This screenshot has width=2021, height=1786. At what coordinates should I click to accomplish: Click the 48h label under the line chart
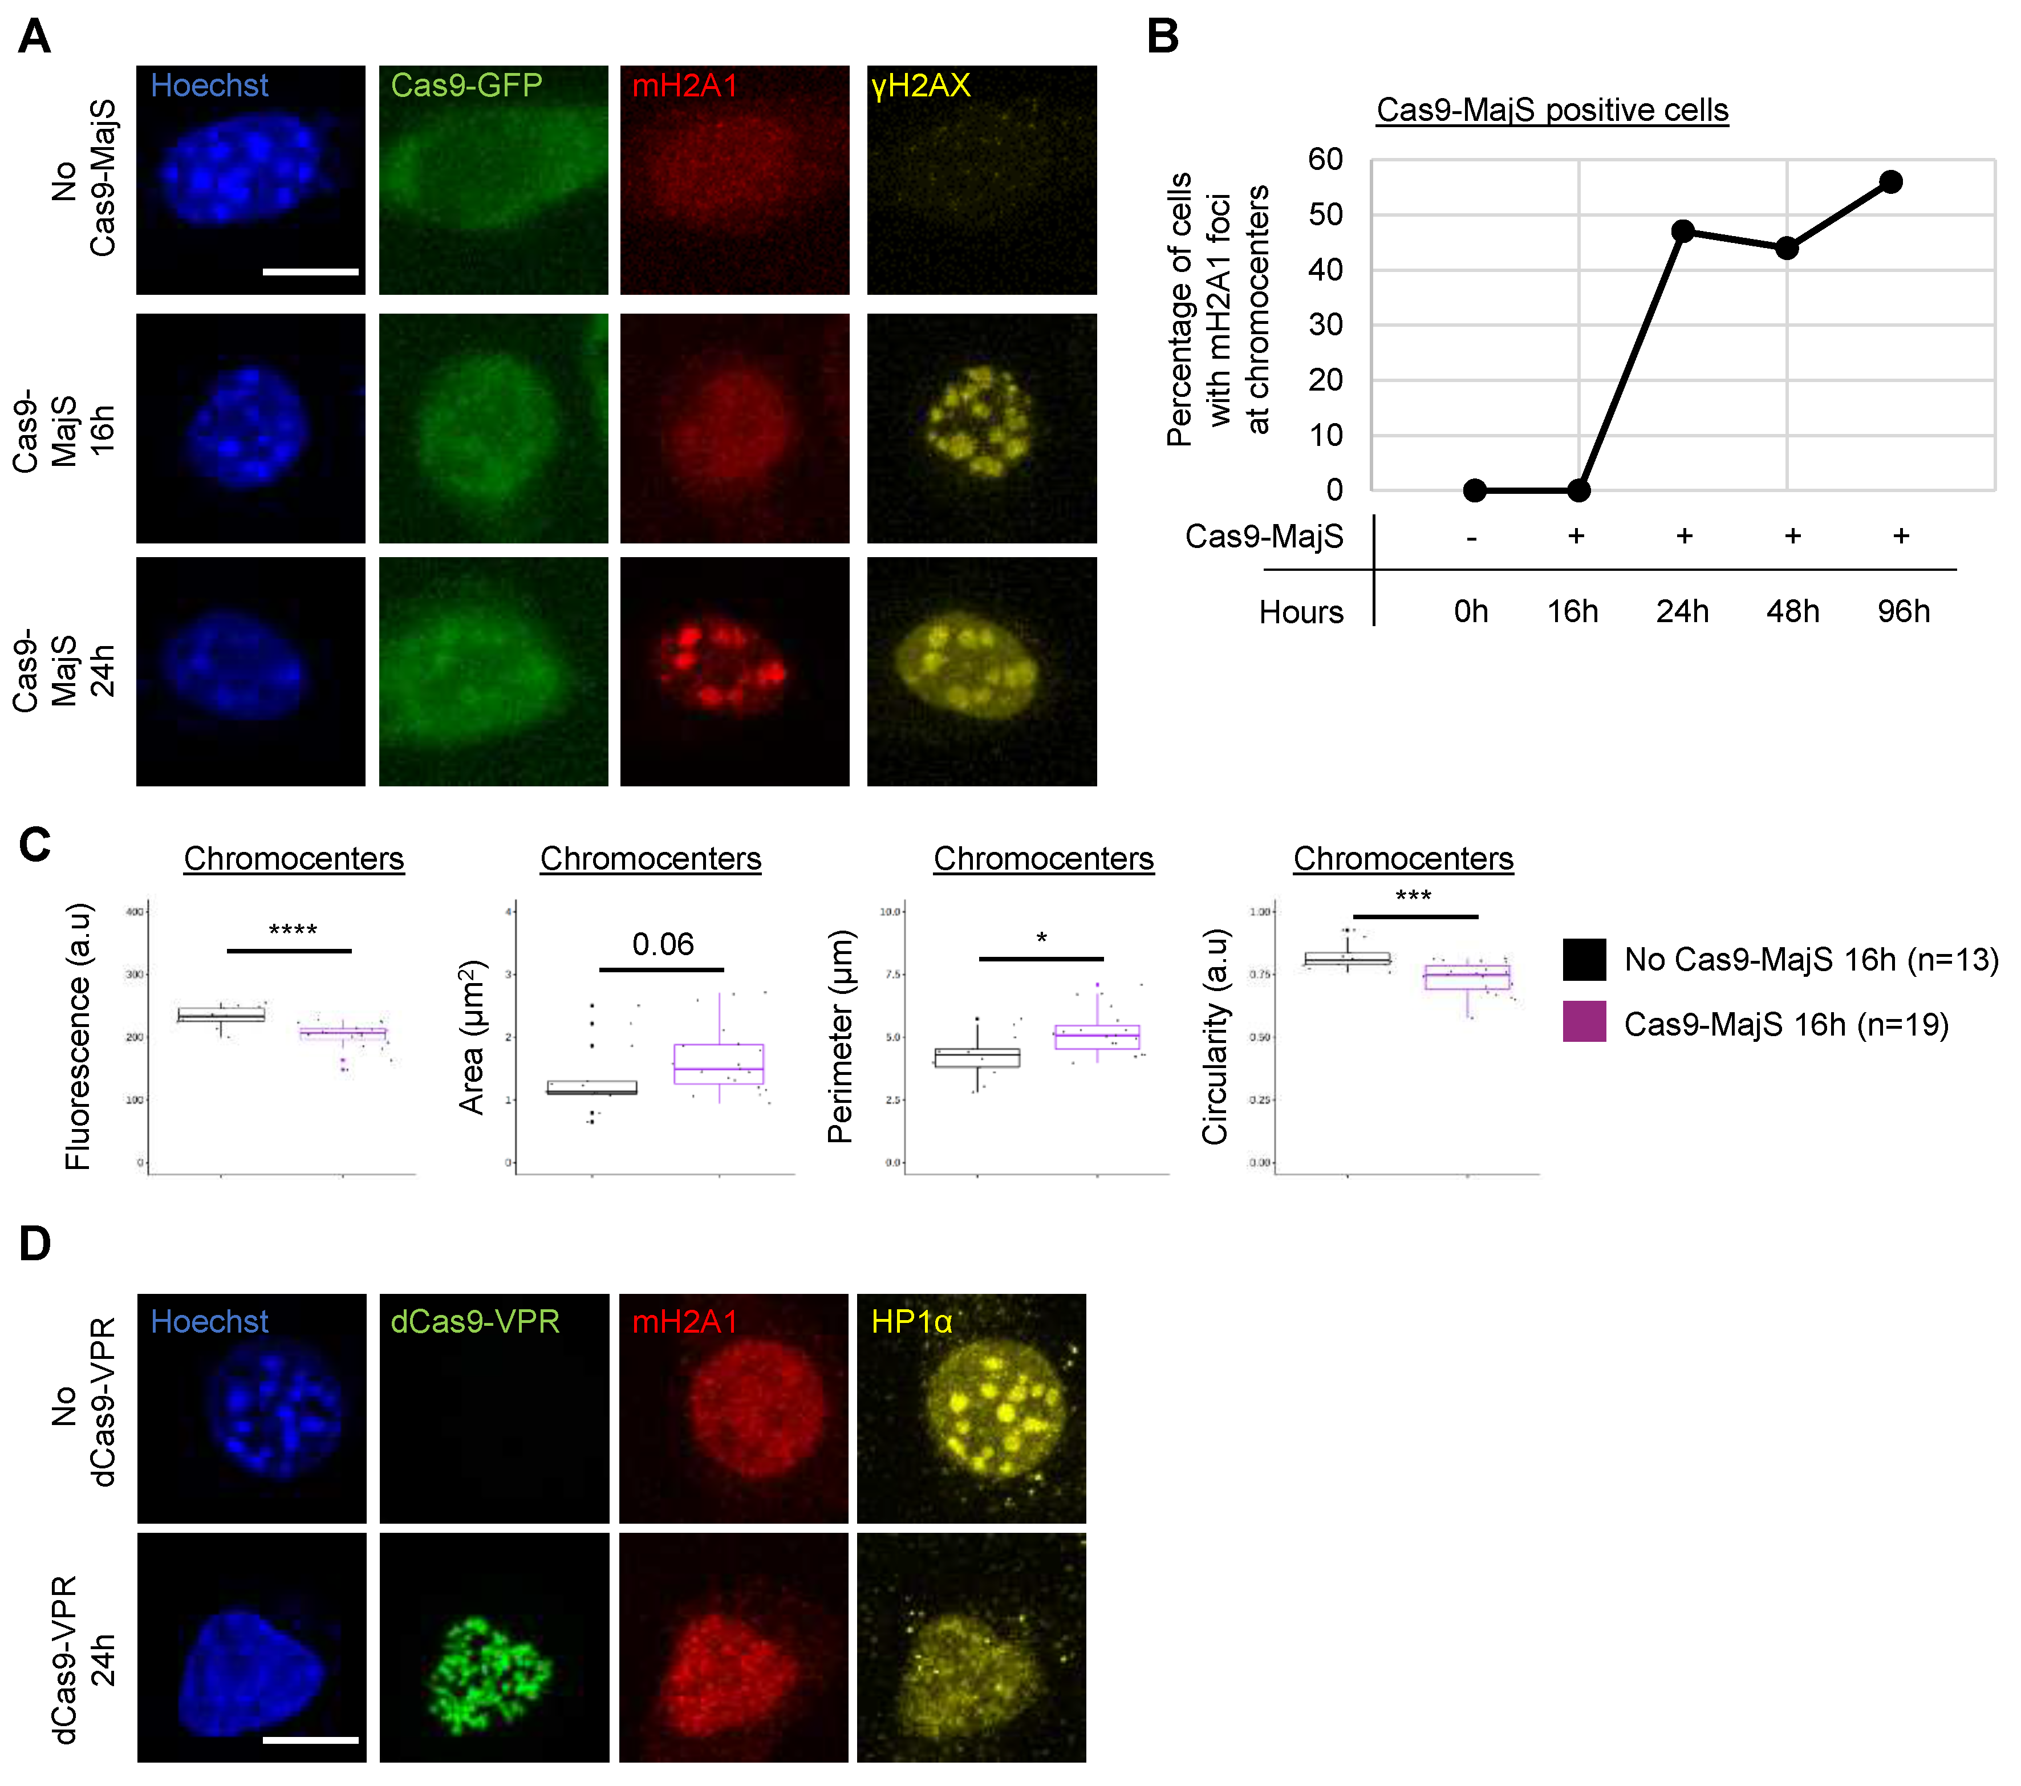(x=1792, y=611)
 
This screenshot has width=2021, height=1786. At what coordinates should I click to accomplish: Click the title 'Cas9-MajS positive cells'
(x=1552, y=109)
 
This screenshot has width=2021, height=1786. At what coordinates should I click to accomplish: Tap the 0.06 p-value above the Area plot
(x=663, y=944)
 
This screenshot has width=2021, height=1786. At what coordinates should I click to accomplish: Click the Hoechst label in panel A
(x=210, y=86)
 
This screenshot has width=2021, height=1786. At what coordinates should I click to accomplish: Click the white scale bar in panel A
(x=310, y=271)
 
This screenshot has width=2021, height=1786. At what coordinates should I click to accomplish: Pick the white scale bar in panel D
(x=310, y=1739)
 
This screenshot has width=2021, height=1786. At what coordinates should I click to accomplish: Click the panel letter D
(x=35, y=1244)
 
